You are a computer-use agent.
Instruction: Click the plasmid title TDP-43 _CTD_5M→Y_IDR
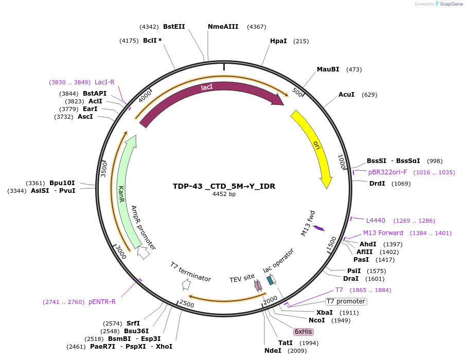pyautogui.click(x=224, y=186)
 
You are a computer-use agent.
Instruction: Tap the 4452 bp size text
pyautogui.click(x=224, y=194)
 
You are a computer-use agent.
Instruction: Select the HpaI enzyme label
pyautogui.click(x=278, y=41)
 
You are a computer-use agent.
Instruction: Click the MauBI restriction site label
pyautogui.click(x=328, y=69)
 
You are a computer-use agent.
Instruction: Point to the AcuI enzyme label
pyautogui.click(x=346, y=95)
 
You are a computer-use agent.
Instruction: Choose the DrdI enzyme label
pyautogui.click(x=377, y=184)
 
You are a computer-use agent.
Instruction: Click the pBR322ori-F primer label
pyautogui.click(x=387, y=172)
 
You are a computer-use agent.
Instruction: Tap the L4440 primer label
pyautogui.click(x=375, y=221)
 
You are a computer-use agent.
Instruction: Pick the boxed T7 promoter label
pyautogui.click(x=346, y=301)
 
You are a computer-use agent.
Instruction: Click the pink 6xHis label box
pyautogui.click(x=303, y=332)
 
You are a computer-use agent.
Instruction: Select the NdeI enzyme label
pyautogui.click(x=273, y=351)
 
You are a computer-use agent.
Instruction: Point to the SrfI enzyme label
pyautogui.click(x=133, y=323)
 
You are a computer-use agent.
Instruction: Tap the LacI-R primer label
pyautogui.click(x=104, y=82)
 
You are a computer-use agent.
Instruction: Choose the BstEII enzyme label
pyautogui.click(x=174, y=27)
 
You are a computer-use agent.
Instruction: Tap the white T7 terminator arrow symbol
pyautogui.click(x=186, y=284)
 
